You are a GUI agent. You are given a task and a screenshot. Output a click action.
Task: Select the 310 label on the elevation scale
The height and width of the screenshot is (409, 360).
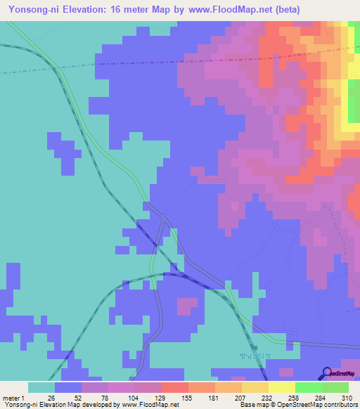348,398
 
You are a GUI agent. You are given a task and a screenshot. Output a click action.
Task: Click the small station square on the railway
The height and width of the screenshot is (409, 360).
255,346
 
